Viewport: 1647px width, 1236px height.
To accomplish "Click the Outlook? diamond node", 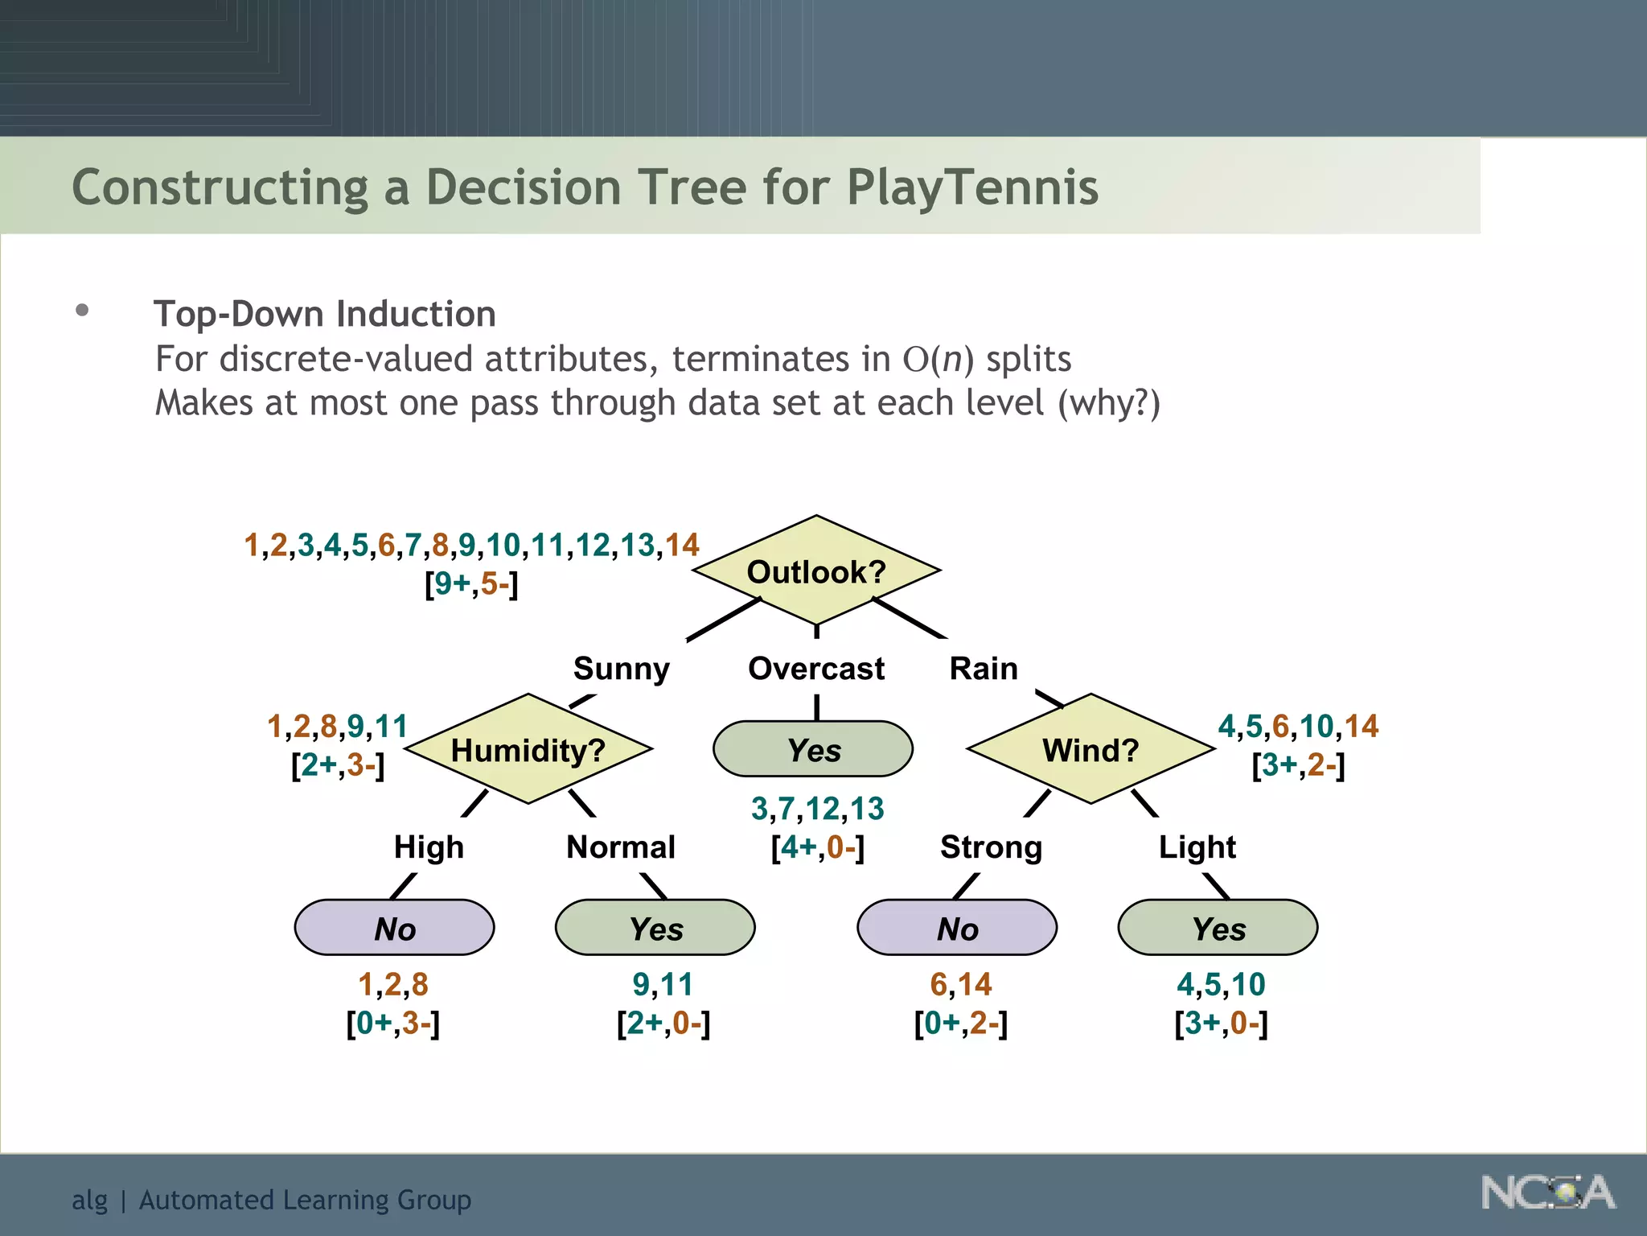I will coord(816,571).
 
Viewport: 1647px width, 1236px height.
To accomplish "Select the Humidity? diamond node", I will coord(528,749).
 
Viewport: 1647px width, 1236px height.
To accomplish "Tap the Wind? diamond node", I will coord(1090,749).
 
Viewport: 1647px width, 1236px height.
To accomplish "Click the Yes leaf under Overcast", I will coord(813,749).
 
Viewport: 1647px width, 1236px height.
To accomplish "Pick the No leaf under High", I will coord(394,928).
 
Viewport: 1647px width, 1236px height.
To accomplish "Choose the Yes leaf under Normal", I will coord(655,928).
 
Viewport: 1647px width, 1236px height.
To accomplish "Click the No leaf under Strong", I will coord(957,928).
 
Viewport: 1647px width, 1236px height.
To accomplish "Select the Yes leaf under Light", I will coord(1218,928).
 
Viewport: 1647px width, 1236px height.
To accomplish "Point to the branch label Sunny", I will coord(621,669).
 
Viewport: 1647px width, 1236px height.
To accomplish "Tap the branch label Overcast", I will coord(815,669).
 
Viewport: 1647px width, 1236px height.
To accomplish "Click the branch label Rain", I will coord(984,669).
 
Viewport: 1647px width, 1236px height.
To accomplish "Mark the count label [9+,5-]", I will coord(471,583).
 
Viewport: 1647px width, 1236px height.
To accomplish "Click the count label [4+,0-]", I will coord(817,847).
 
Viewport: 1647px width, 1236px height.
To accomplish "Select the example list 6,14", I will coord(960,984).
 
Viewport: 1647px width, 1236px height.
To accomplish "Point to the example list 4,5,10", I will coord(1221,984).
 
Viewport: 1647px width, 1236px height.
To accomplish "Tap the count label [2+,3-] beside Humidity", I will coord(338,764).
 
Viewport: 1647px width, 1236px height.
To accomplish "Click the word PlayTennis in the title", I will coord(972,187).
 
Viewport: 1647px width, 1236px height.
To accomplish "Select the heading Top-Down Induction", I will coord(325,314).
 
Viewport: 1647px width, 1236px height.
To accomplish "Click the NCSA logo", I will coord(1547,1193).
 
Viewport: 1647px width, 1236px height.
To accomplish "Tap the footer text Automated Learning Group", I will coord(305,1200).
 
